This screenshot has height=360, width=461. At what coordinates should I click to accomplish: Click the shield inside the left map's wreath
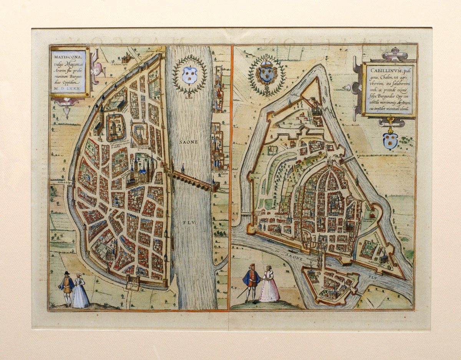189,74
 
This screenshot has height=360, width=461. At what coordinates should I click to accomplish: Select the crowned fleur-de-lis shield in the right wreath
267,76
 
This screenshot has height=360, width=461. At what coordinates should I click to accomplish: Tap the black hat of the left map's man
66,273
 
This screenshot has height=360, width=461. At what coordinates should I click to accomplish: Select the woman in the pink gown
269,286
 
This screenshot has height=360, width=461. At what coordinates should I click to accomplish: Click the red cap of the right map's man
252,266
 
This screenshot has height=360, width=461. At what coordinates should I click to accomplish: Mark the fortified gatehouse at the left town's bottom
132,284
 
